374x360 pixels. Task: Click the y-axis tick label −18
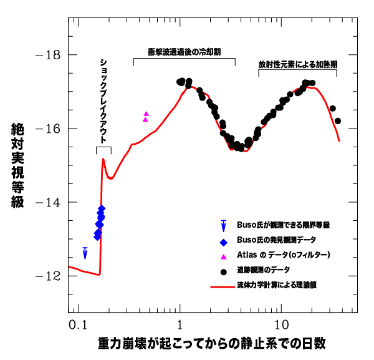48,55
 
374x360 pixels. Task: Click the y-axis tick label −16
48,129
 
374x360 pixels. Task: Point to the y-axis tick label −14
48,202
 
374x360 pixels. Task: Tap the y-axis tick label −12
48,276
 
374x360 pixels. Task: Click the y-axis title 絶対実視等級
18,165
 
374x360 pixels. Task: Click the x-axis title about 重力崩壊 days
212,344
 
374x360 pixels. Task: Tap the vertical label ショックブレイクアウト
103,100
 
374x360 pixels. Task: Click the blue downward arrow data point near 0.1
85,253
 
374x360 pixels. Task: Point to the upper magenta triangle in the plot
146,114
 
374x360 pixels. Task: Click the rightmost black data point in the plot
338,121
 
